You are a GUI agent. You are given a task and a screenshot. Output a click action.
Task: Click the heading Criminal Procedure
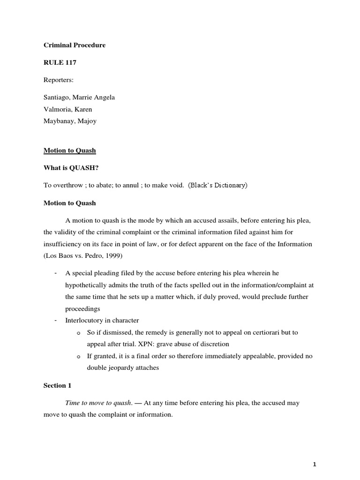point(75,45)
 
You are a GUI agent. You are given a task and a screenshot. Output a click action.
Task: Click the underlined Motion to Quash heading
point(69,150)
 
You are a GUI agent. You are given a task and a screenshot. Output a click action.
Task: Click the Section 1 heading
point(55,385)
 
